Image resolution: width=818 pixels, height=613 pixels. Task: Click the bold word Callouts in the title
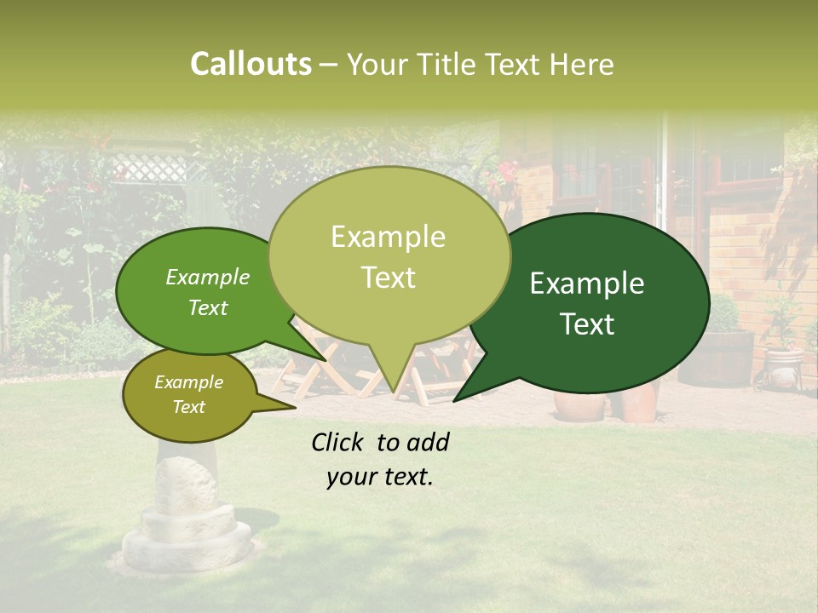pos(251,64)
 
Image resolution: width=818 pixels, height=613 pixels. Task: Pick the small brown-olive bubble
pos(188,395)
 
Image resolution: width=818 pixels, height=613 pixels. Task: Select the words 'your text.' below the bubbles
pos(380,477)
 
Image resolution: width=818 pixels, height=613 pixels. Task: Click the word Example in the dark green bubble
pos(587,284)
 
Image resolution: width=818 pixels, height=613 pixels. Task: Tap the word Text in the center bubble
pos(389,278)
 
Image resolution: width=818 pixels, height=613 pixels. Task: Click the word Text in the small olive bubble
pos(188,407)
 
